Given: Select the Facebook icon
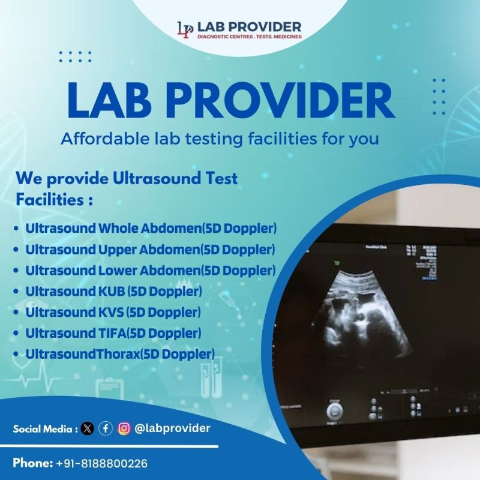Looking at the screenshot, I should pos(106,428).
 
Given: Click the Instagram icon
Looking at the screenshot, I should pos(124,428).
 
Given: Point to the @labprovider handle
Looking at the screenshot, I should pos(172,428).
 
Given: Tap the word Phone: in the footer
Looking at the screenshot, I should pos(32,463).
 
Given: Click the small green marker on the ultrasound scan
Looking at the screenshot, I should pos(337,261).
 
